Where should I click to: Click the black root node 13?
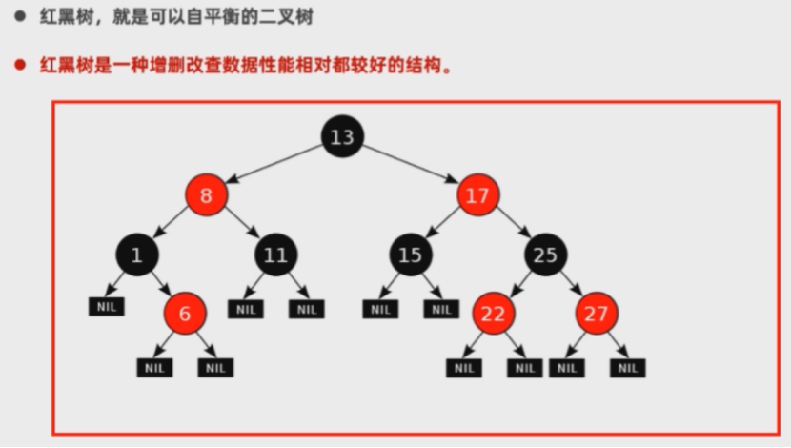[341, 137]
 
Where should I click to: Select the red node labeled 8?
[207, 196]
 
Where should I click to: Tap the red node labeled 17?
[478, 196]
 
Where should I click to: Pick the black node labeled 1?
[137, 255]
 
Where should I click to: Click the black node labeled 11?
[275, 255]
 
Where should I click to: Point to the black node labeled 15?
[410, 255]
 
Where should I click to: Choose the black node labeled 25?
[545, 255]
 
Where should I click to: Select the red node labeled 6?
[185, 314]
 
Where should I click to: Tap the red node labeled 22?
[493, 314]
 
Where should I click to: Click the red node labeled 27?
[597, 314]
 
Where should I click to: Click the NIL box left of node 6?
[106, 307]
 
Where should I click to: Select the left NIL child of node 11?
[246, 309]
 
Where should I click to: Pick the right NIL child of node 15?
[441, 309]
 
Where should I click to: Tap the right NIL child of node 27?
[627, 367]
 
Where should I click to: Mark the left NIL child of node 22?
[463, 367]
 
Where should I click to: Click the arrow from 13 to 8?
[274, 166]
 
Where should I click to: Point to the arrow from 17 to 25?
[514, 227]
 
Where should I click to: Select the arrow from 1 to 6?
[161, 283]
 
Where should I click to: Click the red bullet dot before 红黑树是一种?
[18, 66]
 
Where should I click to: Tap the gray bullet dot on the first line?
[18, 15]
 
